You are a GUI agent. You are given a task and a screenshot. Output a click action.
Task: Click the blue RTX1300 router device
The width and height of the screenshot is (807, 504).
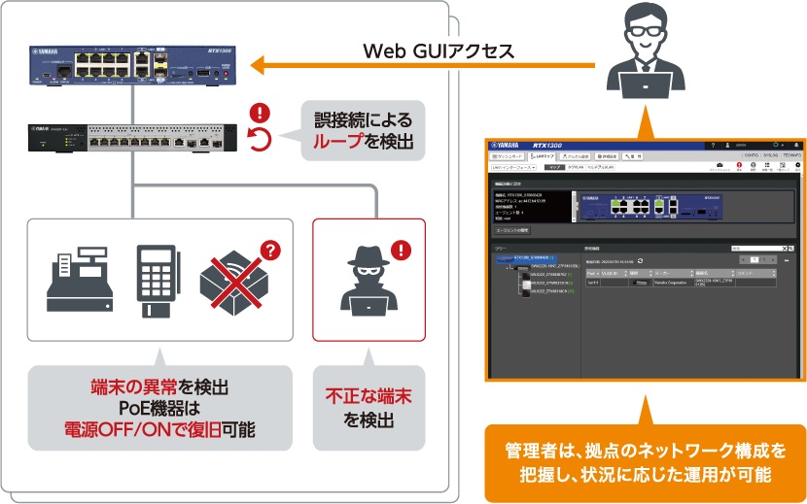131,65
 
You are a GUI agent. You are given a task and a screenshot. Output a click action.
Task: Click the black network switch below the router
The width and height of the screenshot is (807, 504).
131,138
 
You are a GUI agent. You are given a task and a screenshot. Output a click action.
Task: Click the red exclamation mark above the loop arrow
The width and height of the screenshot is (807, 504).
259,113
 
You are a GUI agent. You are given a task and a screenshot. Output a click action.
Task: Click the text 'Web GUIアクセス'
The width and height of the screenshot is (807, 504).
439,51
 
